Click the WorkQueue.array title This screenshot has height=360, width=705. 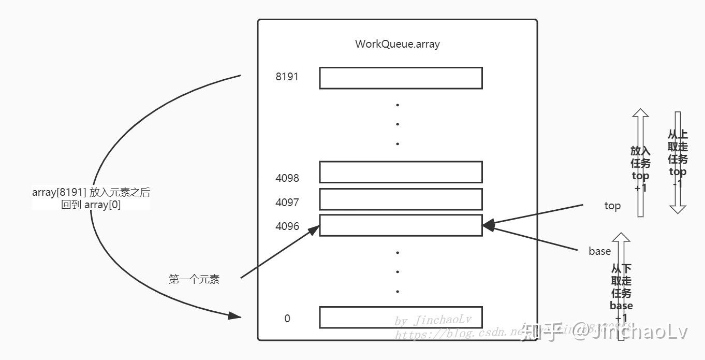pyautogui.click(x=397, y=44)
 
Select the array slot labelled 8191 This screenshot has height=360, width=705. pyautogui.click(x=401, y=78)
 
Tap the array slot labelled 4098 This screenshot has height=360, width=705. pyautogui.click(x=401, y=172)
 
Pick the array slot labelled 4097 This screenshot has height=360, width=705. pyautogui.click(x=401, y=199)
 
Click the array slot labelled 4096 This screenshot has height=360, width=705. pyautogui.click(x=401, y=225)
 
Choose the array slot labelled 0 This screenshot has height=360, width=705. pyautogui.click(x=401, y=317)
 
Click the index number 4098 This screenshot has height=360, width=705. pyautogui.click(x=287, y=178)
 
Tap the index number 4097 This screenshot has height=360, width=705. pyautogui.click(x=287, y=203)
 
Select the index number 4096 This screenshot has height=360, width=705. pyautogui.click(x=287, y=226)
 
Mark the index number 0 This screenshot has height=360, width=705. pyautogui.click(x=287, y=318)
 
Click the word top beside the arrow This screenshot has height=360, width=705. pyautogui.click(x=612, y=206)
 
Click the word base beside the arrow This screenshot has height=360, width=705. pyautogui.click(x=599, y=251)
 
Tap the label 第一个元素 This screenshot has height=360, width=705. pyautogui.click(x=194, y=280)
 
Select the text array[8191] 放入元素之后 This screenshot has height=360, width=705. pyautogui.click(x=91, y=193)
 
